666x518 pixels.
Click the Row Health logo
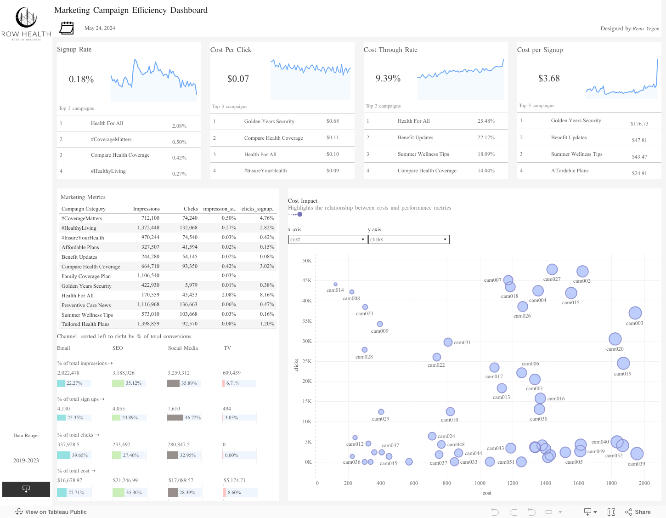pyautogui.click(x=26, y=23)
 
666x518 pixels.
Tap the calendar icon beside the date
pyautogui.click(x=67, y=28)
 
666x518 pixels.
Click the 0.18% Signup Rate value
pyautogui.click(x=81, y=80)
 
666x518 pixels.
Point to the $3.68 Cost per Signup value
pyautogui.click(x=549, y=79)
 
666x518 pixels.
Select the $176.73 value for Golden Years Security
pyautogui.click(x=639, y=124)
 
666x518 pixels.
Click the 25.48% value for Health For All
pyautogui.click(x=486, y=121)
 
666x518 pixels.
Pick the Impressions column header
pyautogui.click(x=146, y=209)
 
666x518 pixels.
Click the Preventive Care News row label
pyautogui.click(x=86, y=305)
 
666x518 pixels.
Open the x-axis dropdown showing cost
pyautogui.click(x=327, y=239)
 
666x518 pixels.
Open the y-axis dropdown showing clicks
pyautogui.click(x=409, y=239)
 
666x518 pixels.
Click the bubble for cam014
pyautogui.click(x=335, y=285)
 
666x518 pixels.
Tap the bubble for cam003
pyautogui.click(x=635, y=313)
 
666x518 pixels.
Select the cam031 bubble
pyautogui.click(x=448, y=342)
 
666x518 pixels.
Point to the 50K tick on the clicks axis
pyautogui.click(x=306, y=261)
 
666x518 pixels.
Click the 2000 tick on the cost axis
pyautogui.click(x=644, y=483)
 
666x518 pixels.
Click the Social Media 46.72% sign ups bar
pyautogui.click(x=175, y=417)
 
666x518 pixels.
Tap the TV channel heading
pyautogui.click(x=227, y=348)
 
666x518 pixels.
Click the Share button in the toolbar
pyautogui.click(x=638, y=512)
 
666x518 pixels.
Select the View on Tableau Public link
pyautogui.click(x=51, y=512)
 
